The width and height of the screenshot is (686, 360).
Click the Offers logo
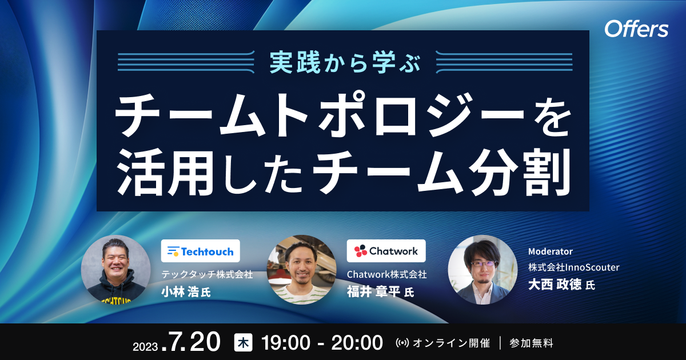coord(636,29)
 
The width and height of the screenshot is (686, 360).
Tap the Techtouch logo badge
coord(201,251)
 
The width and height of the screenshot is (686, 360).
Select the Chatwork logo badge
coord(386,251)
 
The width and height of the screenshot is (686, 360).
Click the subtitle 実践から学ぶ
coord(344,62)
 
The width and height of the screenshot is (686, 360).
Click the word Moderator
coord(551,251)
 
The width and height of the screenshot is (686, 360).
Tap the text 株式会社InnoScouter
coord(574,267)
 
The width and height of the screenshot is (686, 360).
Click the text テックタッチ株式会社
coord(208,275)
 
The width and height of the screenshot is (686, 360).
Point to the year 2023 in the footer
coord(145,346)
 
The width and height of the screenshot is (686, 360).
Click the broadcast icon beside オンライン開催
coord(402,343)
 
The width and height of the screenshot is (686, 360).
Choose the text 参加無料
coord(531,343)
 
